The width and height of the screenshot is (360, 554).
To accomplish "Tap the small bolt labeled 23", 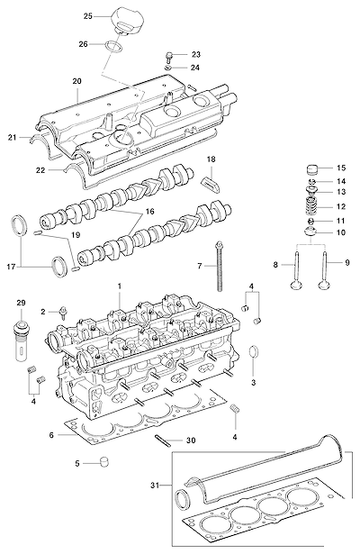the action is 169,57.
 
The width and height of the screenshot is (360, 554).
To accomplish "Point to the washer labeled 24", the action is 168,68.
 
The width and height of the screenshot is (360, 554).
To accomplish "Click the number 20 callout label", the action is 76,81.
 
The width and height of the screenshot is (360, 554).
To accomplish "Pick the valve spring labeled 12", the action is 311,206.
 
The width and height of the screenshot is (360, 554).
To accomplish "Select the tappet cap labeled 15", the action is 312,169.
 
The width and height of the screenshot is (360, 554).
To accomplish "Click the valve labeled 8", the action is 295,270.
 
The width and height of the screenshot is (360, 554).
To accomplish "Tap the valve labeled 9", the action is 324,270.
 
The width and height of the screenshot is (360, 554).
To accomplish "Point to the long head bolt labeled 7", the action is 220,266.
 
